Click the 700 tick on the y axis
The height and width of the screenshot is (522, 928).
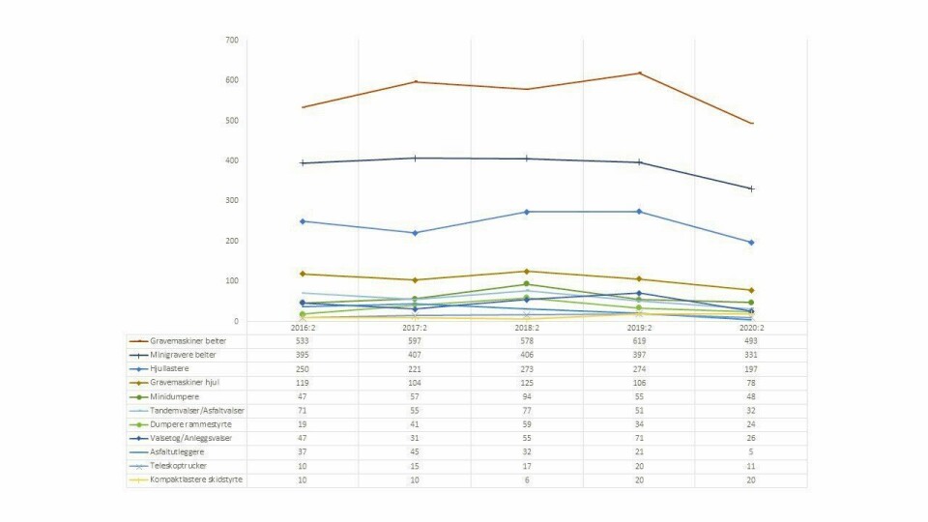click(232, 41)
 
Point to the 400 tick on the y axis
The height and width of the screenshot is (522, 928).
click(232, 160)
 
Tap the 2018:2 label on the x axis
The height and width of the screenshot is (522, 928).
click(527, 329)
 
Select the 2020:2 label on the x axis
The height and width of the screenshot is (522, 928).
click(751, 329)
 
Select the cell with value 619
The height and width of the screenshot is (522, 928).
click(639, 341)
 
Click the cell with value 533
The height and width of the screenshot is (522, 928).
click(303, 341)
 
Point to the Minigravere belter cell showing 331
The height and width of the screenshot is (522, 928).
click(751, 355)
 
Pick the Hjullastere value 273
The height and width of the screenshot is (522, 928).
click(527, 369)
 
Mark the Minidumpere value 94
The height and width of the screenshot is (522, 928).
click(527, 396)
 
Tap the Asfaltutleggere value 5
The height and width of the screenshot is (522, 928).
click(751, 451)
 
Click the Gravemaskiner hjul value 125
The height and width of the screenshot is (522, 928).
click(527, 383)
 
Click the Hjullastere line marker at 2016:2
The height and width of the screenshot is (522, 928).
click(303, 221)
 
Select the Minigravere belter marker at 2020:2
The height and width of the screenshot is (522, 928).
click(751, 188)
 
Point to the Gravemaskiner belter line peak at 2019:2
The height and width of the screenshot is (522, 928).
click(639, 73)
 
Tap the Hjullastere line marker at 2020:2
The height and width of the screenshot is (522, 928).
click(751, 243)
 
